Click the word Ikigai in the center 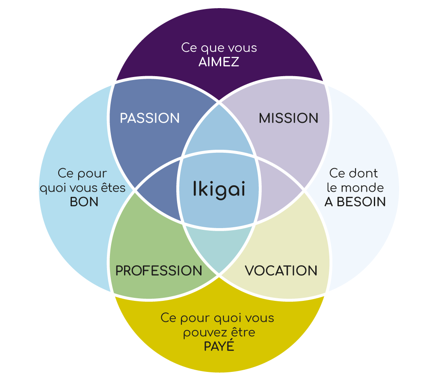click(x=219, y=189)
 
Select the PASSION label click(x=150, y=118)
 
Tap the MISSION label click(x=288, y=118)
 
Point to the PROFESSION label click(x=159, y=270)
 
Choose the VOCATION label click(x=281, y=270)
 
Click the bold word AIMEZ click(x=219, y=62)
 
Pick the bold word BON click(x=84, y=202)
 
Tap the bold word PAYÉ click(x=219, y=346)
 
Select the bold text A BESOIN click(x=355, y=202)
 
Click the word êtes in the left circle click(x=114, y=188)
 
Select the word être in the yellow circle click(x=243, y=332)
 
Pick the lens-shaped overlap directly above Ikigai click(x=219, y=131)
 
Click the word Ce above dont click(x=336, y=173)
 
